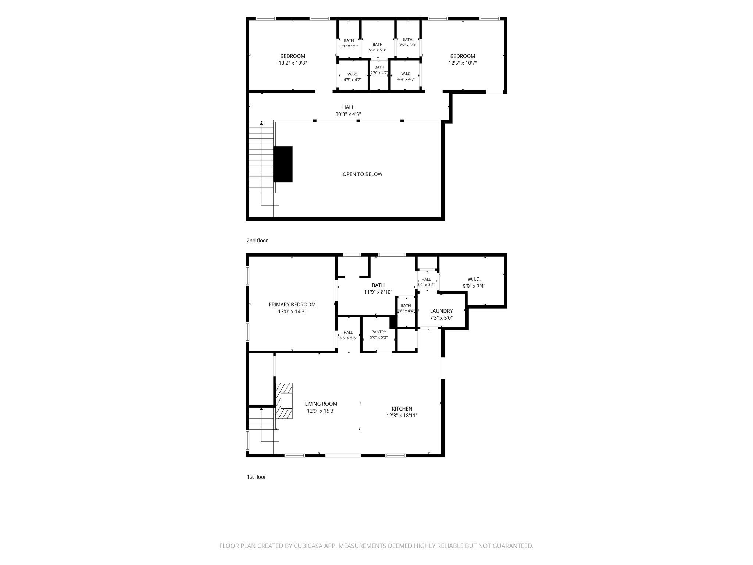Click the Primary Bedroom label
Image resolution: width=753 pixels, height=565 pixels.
point(292,305)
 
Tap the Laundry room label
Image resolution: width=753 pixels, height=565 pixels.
point(441,311)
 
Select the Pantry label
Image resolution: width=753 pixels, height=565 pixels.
point(379,332)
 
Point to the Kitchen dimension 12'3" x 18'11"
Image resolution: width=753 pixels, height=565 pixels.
point(402,416)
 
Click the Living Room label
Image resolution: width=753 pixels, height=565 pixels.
point(321,404)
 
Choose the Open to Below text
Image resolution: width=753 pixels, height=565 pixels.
point(363,174)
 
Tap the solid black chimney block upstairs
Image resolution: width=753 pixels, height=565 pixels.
point(283,164)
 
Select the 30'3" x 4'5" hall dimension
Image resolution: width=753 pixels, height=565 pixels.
point(348,114)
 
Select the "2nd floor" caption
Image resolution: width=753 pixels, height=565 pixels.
point(257,241)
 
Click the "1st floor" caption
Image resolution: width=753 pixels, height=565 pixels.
point(256,477)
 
